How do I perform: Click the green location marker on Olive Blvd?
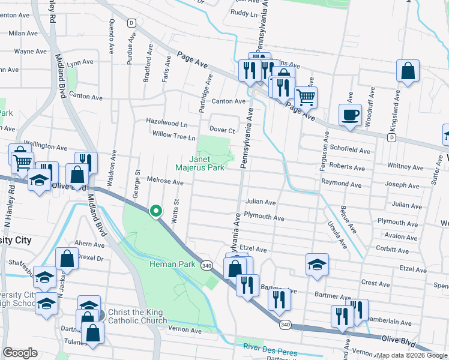pyautogui.click(x=156, y=211)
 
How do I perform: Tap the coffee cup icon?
pyautogui.click(x=350, y=114)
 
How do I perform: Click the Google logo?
pyautogui.click(x=20, y=353)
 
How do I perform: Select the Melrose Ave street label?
pyautogui.click(x=165, y=181)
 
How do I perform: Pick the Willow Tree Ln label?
pyautogui.click(x=174, y=137)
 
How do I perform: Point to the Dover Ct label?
pyautogui.click(x=221, y=129)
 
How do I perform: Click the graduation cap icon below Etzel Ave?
pyautogui.click(x=317, y=264)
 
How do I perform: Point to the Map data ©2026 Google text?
pyautogui.click(x=412, y=355)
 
